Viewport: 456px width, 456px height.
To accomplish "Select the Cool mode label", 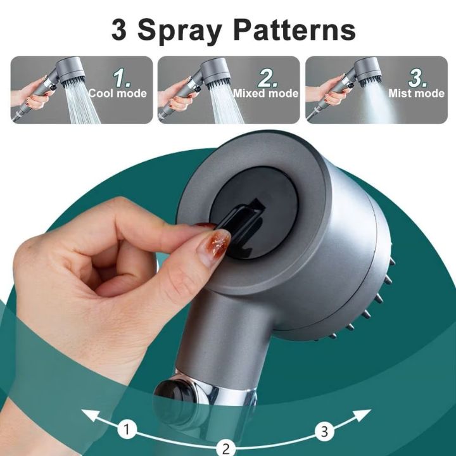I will pos(118,94).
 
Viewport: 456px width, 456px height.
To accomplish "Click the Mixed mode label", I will pos(265,94).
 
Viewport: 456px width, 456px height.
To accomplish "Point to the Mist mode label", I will pos(417,94).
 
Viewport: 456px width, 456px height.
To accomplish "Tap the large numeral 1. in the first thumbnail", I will pos(122,78).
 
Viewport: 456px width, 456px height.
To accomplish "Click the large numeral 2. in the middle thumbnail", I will pos(269,78).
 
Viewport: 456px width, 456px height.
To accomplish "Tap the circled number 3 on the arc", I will pos(324,433).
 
